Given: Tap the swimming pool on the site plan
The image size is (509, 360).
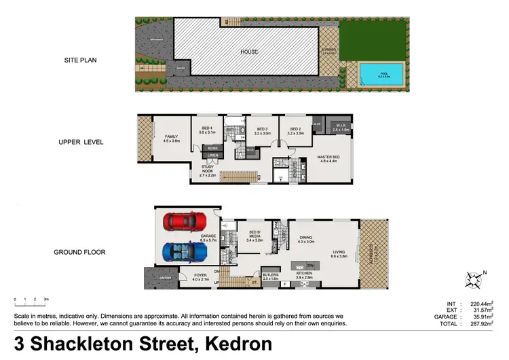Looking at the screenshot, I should [381, 73].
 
